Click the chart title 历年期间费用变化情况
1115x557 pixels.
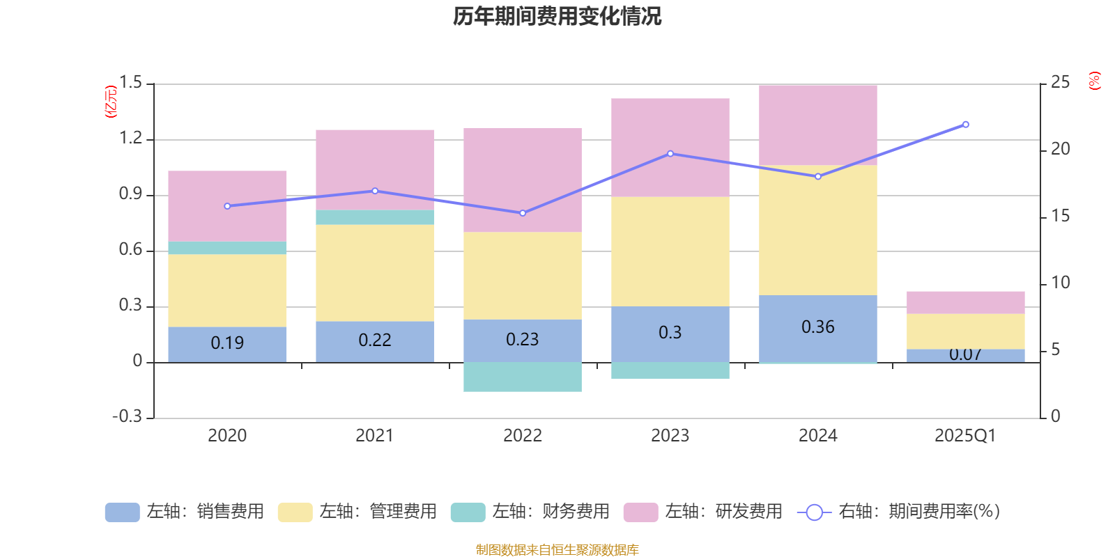pyautogui.click(x=557, y=16)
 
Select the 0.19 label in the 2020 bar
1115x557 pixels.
pyautogui.click(x=227, y=343)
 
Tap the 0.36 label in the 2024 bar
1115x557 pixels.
pyautogui.click(x=817, y=327)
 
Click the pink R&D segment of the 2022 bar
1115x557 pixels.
pyautogui.click(x=523, y=180)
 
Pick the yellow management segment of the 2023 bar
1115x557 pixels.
pyautogui.click(x=670, y=251)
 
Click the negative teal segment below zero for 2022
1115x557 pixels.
pyautogui.click(x=523, y=377)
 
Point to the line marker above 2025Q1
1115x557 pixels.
pyautogui.click(x=965, y=125)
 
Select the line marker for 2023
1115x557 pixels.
pyautogui.click(x=670, y=154)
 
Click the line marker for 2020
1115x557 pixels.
pyautogui.click(x=227, y=206)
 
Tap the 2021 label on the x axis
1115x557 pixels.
pyautogui.click(x=375, y=436)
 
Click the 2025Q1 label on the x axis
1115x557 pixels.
pyautogui.click(x=965, y=436)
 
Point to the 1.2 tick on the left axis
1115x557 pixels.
pyautogui.click(x=131, y=139)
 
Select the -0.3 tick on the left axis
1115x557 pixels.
pyautogui.click(x=127, y=416)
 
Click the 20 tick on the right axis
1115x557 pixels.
pyautogui.click(x=1060, y=149)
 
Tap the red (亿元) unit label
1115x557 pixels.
pyautogui.click(x=111, y=102)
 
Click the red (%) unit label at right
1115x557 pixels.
pyautogui.click(x=1094, y=81)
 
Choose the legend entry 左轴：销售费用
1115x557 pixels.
pyautogui.click(x=185, y=512)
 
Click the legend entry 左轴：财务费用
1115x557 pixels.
pyautogui.click(x=530, y=512)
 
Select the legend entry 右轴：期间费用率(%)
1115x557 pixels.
pyautogui.click(x=899, y=512)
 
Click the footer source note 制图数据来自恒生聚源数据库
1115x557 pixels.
pyautogui.click(x=557, y=550)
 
